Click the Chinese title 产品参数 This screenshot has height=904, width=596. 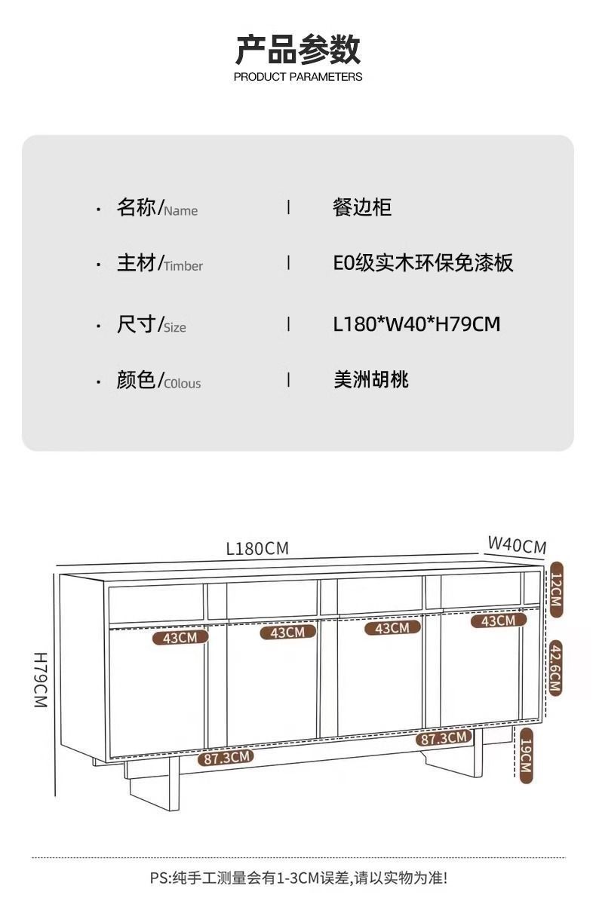(x=298, y=49)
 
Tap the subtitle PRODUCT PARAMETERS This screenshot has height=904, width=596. (x=298, y=77)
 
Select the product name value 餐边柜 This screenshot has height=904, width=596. (x=362, y=207)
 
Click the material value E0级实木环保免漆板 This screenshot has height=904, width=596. (x=423, y=263)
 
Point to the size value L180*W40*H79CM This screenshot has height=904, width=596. (x=416, y=324)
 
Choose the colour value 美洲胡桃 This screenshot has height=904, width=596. (x=371, y=379)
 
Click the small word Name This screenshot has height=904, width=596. (x=181, y=211)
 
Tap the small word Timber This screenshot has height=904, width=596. (x=183, y=266)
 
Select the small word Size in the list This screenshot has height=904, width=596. (x=175, y=328)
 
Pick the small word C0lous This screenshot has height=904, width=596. (x=183, y=384)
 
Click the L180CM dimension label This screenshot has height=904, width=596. (x=257, y=549)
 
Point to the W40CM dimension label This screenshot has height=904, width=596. (x=517, y=545)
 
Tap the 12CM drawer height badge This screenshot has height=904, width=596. (x=556, y=590)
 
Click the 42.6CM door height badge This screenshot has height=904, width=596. (x=556, y=668)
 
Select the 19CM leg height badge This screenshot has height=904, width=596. (x=526, y=755)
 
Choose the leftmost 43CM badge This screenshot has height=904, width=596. (x=180, y=638)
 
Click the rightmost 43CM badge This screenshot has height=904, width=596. (x=499, y=621)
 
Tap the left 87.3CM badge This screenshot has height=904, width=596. (x=225, y=758)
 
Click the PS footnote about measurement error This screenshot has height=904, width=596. (x=298, y=878)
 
